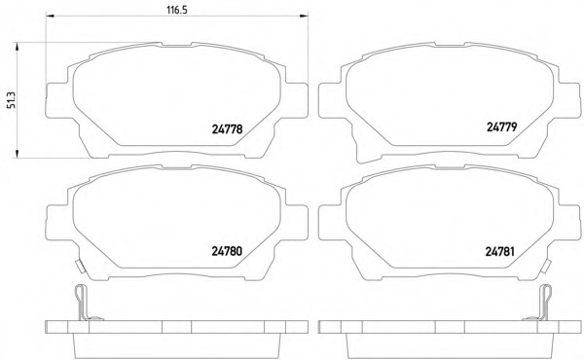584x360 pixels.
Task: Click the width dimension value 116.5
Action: pyautogui.click(x=176, y=10)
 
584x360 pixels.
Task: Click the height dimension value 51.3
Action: pyautogui.click(x=13, y=100)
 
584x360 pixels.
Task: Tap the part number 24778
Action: pyautogui.click(x=227, y=129)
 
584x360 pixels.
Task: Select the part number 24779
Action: pyautogui.click(x=501, y=127)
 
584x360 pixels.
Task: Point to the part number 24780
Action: pyautogui.click(x=227, y=251)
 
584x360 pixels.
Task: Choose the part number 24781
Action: pyautogui.click(x=499, y=252)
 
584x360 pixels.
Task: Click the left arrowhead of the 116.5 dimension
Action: pyautogui.click(x=50, y=16)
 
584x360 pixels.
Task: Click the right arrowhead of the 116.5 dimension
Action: pyautogui.click(x=304, y=16)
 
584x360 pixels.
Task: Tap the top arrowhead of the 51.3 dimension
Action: pyautogui.click(x=17, y=47)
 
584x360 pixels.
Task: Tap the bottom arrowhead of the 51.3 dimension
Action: pyautogui.click(x=17, y=154)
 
